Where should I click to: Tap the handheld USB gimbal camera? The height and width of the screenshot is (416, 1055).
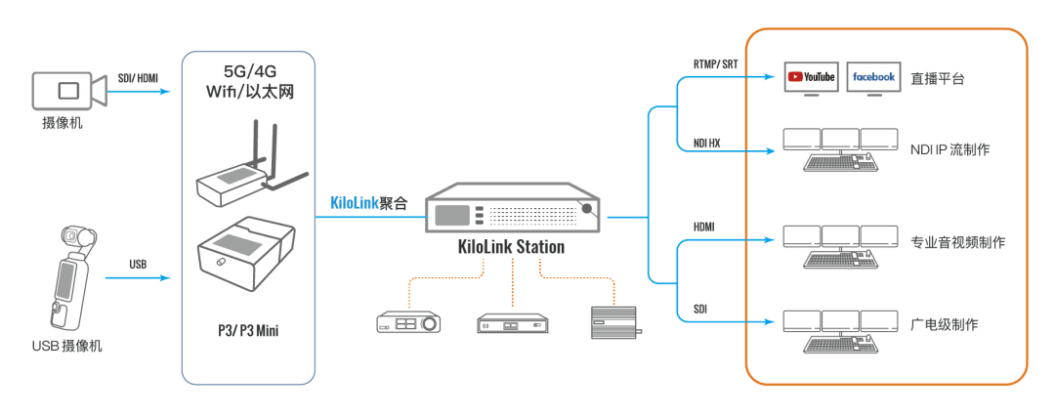pos(66,278)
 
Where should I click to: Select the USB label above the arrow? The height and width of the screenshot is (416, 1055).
pos(138,264)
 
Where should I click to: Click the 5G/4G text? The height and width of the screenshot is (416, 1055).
pos(248,71)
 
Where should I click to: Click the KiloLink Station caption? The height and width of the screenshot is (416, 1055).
pos(511,247)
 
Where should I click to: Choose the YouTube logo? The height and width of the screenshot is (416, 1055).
pos(811,77)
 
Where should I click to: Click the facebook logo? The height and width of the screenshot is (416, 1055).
pos(872,77)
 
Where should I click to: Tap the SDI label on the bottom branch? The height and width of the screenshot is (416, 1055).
pos(700,309)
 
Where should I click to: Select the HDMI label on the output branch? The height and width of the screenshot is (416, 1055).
pos(703,227)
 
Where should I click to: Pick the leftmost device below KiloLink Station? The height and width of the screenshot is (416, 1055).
pos(408,323)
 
